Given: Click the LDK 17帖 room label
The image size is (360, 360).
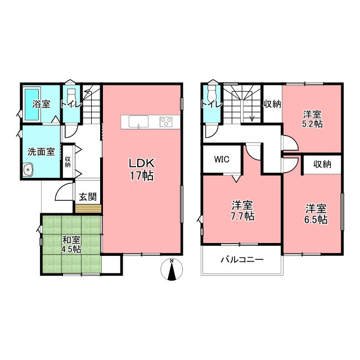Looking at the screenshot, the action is (142, 169).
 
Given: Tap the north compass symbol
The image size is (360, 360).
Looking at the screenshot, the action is (172, 269).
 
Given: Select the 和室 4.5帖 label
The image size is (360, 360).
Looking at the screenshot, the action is (71, 245).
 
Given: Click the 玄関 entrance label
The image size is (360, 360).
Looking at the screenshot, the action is (88, 197).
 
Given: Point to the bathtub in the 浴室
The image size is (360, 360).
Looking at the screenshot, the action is (32, 105).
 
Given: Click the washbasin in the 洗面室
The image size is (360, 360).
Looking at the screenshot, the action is (29, 170).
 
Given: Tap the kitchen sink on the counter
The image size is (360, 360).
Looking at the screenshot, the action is (138, 121).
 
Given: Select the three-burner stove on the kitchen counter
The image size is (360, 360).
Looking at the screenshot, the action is (166, 122).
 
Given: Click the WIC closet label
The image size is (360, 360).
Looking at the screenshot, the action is (222, 159).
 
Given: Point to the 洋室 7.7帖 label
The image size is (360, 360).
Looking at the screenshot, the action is (242, 211).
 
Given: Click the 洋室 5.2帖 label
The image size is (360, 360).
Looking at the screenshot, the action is (313, 119).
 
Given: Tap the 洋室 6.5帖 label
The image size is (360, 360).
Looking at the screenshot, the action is (316, 214).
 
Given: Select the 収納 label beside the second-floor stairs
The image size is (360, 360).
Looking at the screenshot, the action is (272, 105).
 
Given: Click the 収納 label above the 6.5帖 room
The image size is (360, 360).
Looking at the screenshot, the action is (322, 164).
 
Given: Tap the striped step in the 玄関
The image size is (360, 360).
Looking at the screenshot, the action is (88, 209).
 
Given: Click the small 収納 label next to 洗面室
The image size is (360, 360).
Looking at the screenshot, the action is (67, 162).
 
